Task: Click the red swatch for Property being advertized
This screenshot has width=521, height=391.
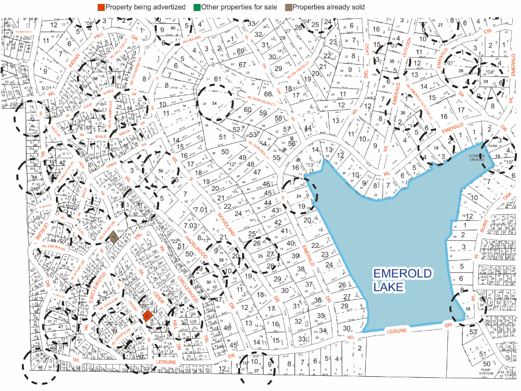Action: coord(101,7)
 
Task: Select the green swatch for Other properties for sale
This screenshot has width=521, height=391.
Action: coord(197,7)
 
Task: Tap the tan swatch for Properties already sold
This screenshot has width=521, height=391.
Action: coord(288,7)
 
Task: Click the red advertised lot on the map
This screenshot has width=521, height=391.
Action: coord(147,316)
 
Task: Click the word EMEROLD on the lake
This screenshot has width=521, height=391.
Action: coord(402,273)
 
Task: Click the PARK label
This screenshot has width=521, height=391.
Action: coord(492,146)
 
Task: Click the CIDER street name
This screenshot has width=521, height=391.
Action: coord(158,299)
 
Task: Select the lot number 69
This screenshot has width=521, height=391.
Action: coord(240,51)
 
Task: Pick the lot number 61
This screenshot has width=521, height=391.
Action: coord(218,78)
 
